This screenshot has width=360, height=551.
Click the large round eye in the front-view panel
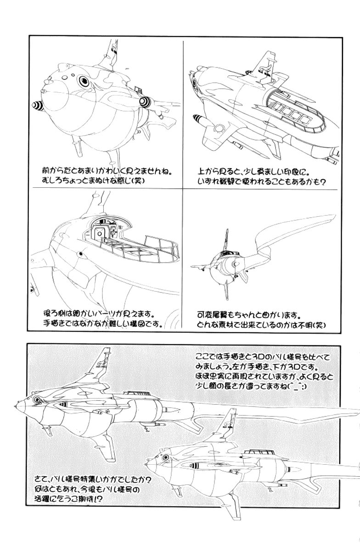84,81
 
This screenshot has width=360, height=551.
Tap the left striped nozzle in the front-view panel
36,107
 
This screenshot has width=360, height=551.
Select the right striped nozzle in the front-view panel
145,101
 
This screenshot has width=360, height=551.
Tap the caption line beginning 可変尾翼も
248,316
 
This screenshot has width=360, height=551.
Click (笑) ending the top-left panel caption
136,181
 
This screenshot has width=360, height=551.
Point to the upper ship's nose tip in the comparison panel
17,406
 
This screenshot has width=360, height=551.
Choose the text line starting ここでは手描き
262,357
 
